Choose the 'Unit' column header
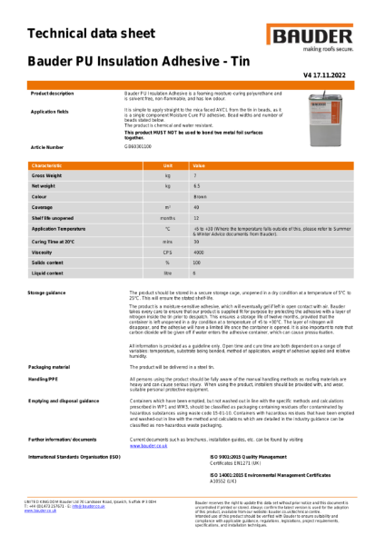click(168, 166)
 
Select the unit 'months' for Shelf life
click(168, 219)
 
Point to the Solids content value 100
click(197, 262)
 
